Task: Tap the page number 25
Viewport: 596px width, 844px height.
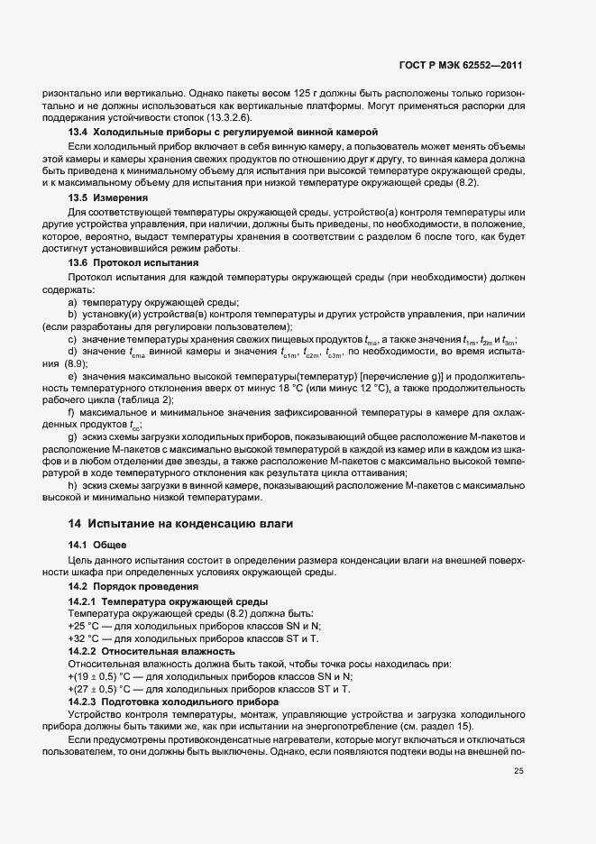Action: click(x=518, y=770)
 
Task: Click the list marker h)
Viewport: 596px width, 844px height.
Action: click(x=72, y=486)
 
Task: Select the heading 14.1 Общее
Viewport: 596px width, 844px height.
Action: click(x=97, y=546)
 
